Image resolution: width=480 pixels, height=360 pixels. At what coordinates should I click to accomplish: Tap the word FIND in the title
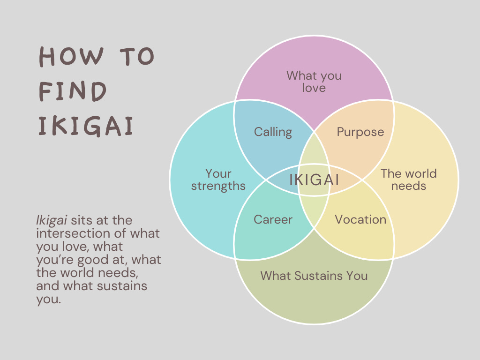(x=73, y=92)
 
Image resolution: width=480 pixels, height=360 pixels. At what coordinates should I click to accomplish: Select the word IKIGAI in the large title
(x=86, y=127)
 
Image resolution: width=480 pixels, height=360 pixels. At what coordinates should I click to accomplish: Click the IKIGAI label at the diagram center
(x=314, y=180)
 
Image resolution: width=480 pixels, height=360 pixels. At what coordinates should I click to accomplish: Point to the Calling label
(x=273, y=132)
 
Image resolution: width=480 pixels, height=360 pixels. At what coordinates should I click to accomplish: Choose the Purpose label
(x=360, y=132)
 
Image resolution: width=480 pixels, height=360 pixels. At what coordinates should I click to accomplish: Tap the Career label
(x=273, y=219)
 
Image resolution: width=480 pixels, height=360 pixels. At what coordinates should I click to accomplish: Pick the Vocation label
(x=360, y=219)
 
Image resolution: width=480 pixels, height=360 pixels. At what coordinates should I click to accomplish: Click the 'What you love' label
(x=314, y=81)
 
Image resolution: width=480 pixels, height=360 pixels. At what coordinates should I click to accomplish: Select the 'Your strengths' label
(x=218, y=180)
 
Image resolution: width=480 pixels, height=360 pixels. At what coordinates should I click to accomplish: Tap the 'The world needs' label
(x=409, y=180)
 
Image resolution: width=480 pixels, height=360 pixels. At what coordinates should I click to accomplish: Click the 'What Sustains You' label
(x=314, y=276)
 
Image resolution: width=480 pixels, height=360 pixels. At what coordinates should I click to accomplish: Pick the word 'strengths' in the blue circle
(x=218, y=186)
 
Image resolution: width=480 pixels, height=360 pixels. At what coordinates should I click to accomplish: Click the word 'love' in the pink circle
(x=314, y=88)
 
